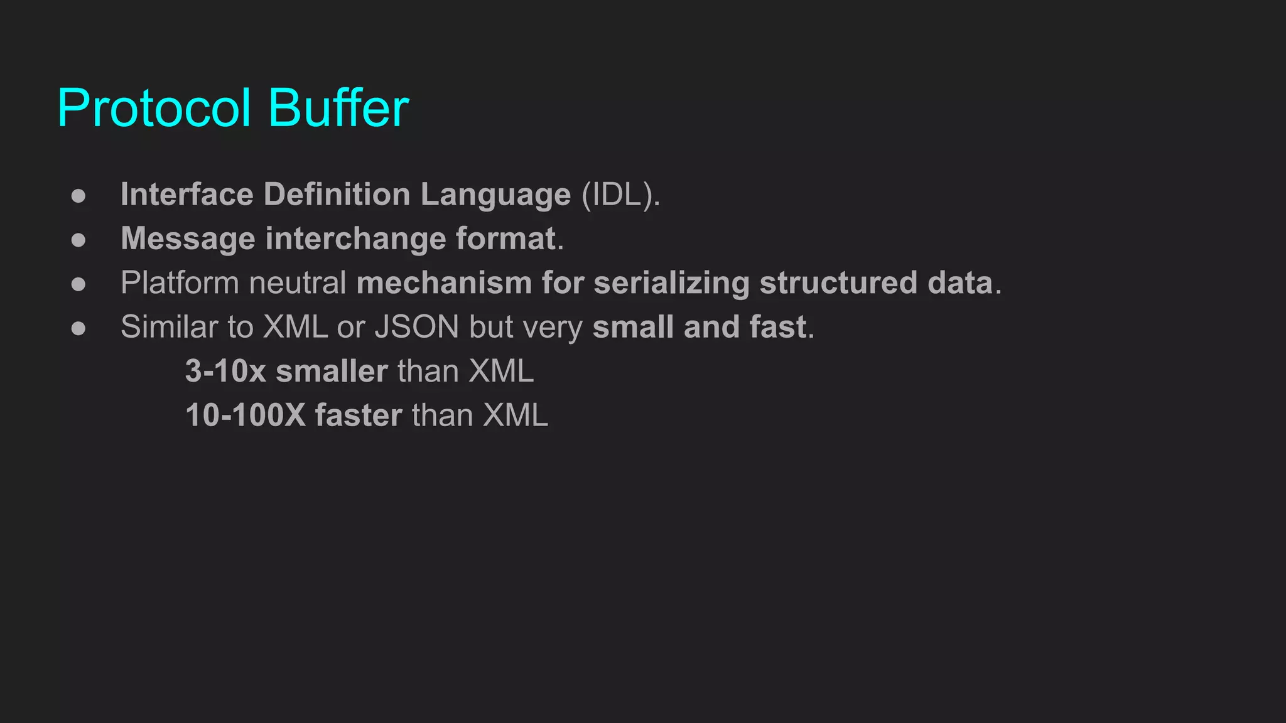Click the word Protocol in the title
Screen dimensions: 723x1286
[154, 108]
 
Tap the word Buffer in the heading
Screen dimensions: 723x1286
[338, 108]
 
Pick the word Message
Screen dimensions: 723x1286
[188, 240]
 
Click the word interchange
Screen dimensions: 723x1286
[355, 240]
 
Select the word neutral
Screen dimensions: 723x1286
[298, 283]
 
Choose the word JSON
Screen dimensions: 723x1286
[417, 328]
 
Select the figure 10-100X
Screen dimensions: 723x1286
[246, 415]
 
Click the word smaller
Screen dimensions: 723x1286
[332, 372]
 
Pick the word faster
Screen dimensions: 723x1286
[358, 415]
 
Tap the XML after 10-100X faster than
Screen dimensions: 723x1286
[515, 415]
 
